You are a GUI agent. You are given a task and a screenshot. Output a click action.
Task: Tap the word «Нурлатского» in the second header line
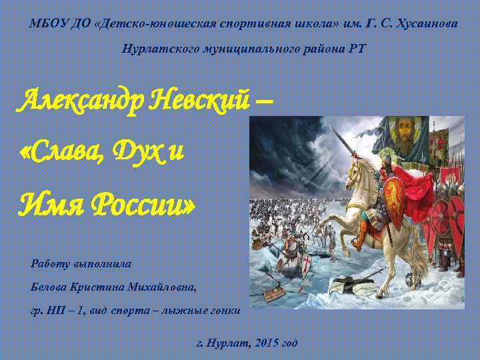click(x=157, y=50)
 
